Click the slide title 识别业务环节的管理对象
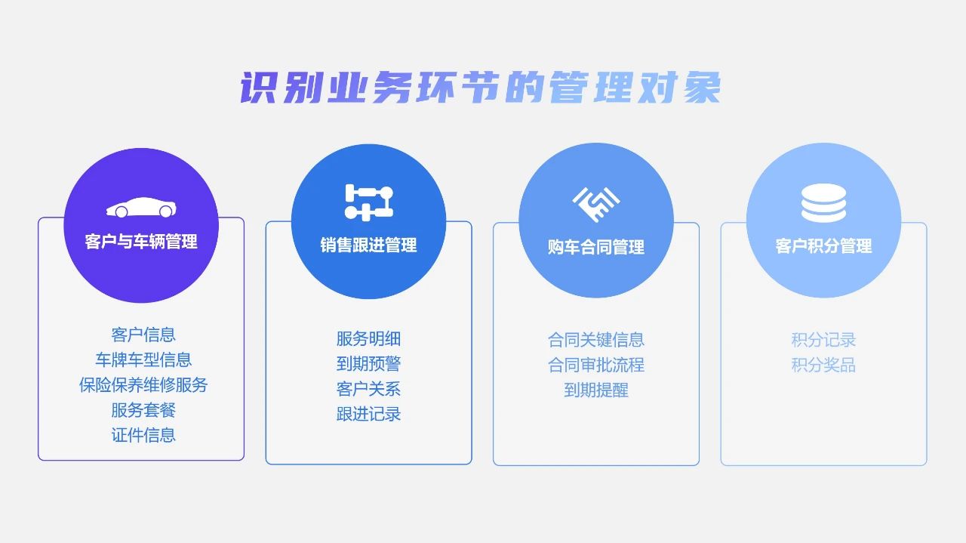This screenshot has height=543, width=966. pos(480,88)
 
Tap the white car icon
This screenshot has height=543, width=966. pos(141,207)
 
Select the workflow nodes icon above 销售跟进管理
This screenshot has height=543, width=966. pos(369,202)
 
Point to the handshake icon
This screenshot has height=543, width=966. pos(596,204)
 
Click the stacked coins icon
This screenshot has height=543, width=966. pos(823,203)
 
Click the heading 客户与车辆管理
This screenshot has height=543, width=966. pos(141,242)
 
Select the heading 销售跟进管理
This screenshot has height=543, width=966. pos(369,245)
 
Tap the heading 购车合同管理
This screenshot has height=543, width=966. pos(596,247)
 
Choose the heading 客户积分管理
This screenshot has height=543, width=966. pos(823,246)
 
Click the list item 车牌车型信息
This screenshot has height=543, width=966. pos(143,359)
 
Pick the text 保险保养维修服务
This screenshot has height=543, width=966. pos(143,384)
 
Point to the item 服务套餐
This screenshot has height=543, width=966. pos(143,409)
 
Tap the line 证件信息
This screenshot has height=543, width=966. pos(143,435)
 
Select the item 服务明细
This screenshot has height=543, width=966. pos(369,339)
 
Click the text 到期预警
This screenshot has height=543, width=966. pos(369,364)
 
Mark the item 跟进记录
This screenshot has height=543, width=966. pos(369,414)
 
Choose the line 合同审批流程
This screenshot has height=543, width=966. pos(596,366)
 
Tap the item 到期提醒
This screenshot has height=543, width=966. pos(596,390)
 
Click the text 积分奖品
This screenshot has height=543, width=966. pos(823,366)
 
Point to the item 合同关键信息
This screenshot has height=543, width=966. pos(596,340)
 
